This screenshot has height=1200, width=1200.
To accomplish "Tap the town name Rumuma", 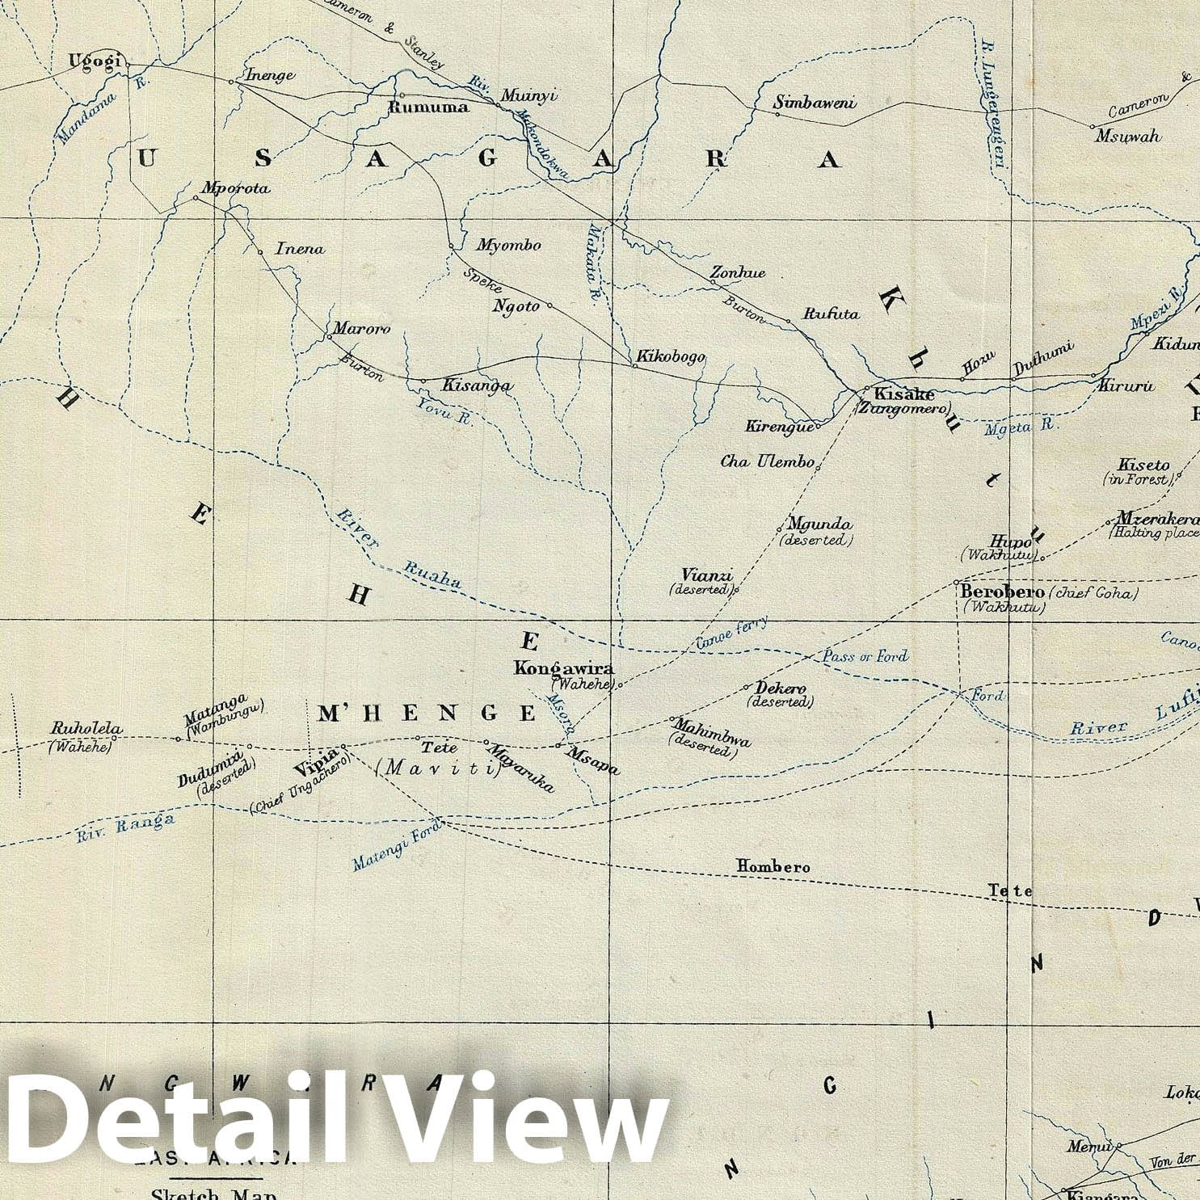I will pos(429,107).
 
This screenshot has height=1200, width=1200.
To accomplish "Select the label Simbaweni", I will pos(815,103).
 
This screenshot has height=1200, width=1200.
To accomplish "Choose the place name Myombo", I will pos(508,245).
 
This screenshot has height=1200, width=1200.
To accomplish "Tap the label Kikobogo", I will pos(671,356).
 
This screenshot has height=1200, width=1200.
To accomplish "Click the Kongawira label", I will pos(564,668).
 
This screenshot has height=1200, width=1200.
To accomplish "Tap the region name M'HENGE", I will pos(427,713).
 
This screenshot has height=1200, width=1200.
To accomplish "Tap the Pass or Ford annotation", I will pos(865,655).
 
